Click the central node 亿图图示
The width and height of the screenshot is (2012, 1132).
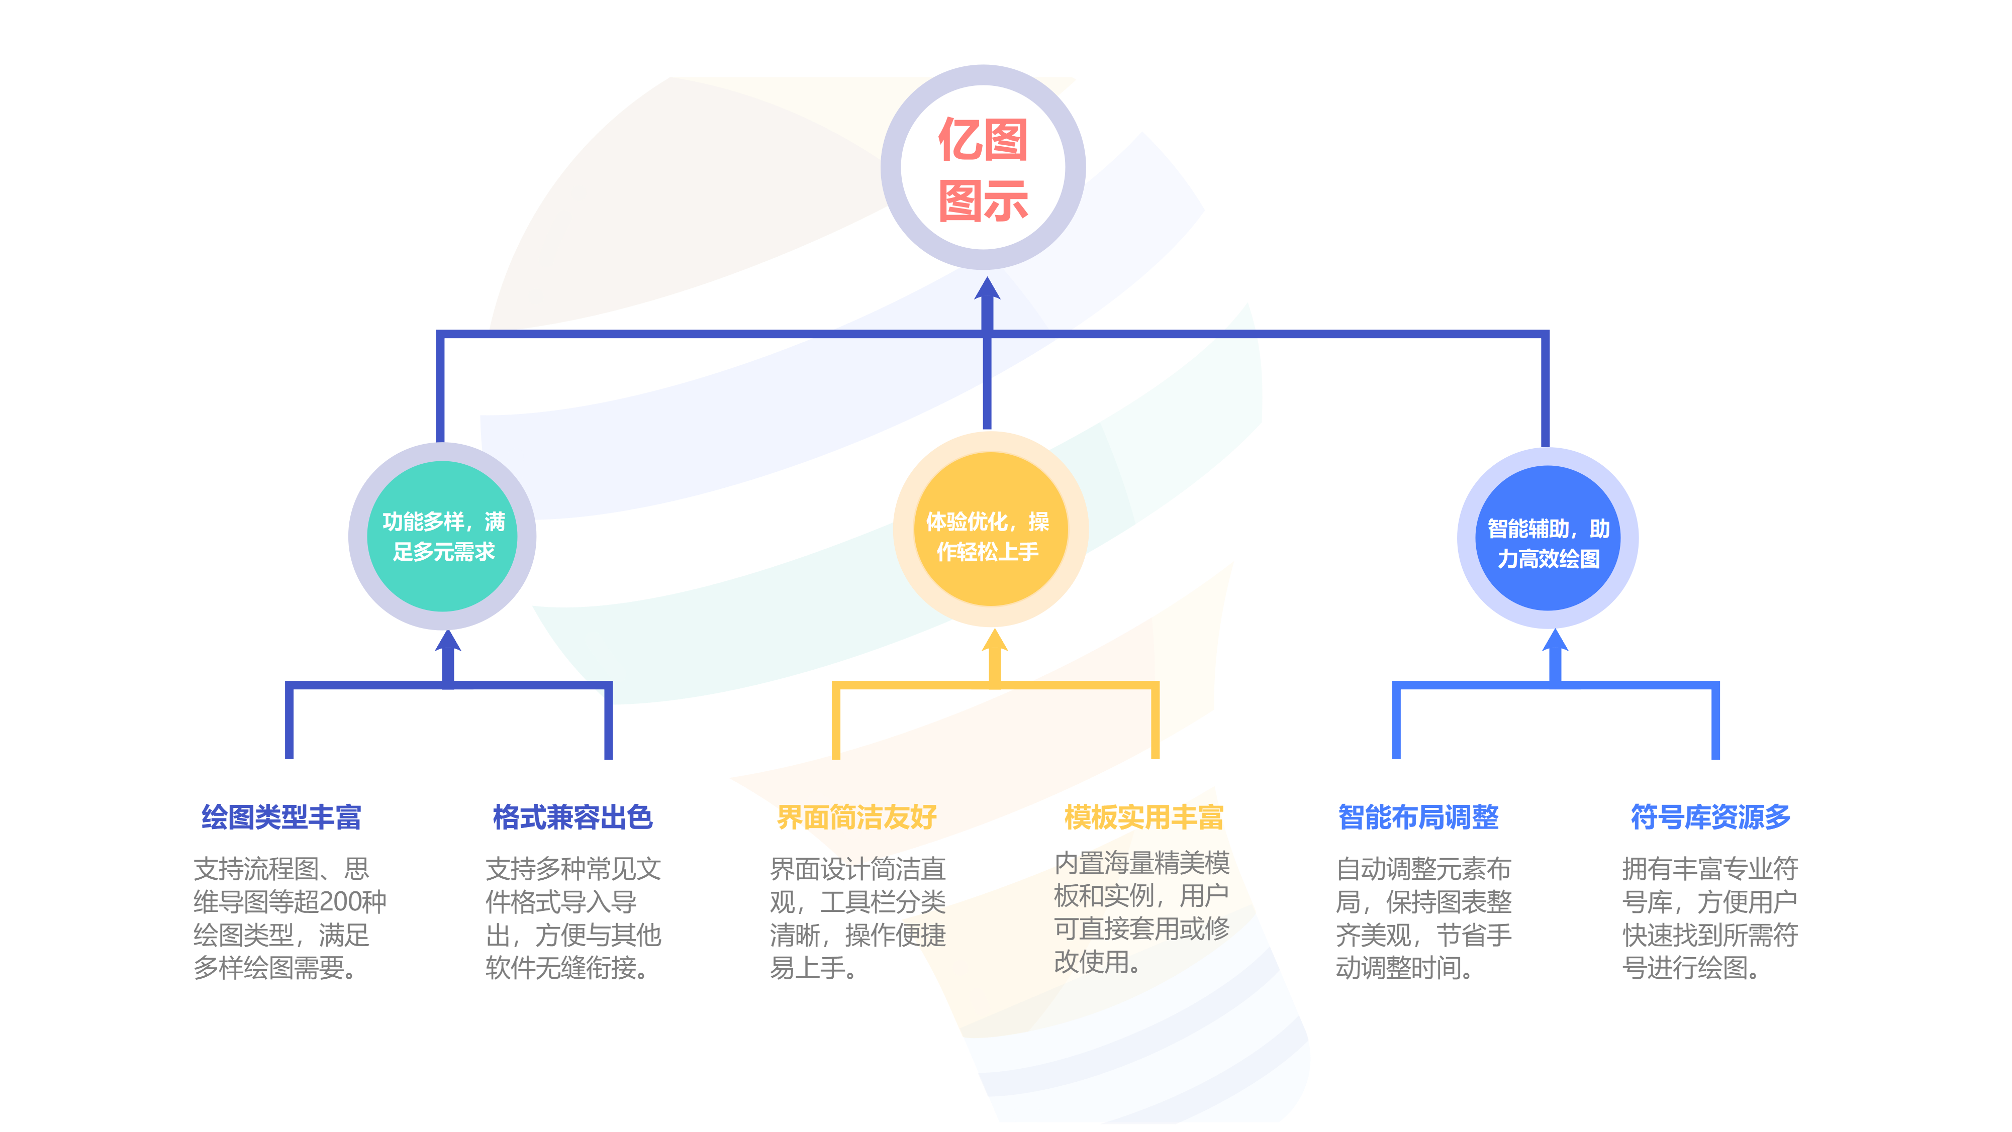983,168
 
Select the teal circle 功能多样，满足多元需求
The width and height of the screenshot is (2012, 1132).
443,536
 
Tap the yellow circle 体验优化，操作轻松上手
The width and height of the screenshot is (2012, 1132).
989,536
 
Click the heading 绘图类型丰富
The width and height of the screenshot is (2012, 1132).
281,816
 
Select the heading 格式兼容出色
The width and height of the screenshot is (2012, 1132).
572,816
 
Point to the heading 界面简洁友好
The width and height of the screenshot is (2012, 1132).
857,816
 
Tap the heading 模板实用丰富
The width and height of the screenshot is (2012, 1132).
1142,816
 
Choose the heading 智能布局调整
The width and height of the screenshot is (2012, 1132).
1418,816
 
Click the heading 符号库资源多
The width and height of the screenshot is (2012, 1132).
1710,816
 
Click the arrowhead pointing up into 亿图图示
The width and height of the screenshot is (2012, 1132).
987,290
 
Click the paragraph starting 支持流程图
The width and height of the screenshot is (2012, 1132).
289,918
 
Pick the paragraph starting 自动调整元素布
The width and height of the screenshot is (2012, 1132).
1423,918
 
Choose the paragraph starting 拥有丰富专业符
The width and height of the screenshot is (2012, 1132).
1710,918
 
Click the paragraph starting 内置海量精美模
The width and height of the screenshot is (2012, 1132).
1141,912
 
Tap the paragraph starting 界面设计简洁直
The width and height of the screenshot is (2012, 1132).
857,918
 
